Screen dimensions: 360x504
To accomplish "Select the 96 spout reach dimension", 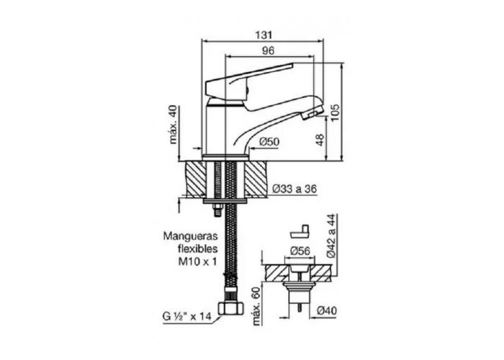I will click(268, 50).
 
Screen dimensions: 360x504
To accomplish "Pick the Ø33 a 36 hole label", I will click(295, 189).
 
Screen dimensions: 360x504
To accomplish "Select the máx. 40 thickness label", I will click(173, 125).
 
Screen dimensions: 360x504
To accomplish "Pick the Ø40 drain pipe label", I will click(328, 310).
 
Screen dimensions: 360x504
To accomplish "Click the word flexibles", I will click(194, 249).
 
